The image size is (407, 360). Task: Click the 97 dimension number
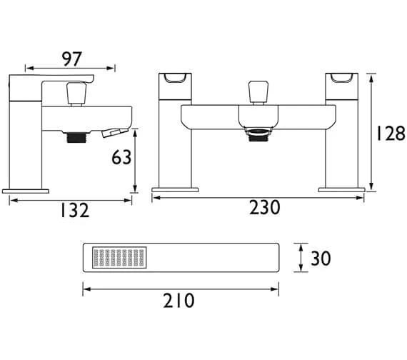pyautogui.click(x=72, y=59)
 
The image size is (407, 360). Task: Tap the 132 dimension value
pyautogui.click(x=75, y=211)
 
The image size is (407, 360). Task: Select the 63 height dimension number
pyautogui.click(x=121, y=157)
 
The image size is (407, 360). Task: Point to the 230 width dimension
pyautogui.click(x=265, y=207)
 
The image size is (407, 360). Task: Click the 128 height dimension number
pyautogui.click(x=391, y=134)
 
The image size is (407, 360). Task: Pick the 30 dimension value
pyautogui.click(x=321, y=259)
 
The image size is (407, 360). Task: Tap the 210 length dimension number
pyautogui.click(x=179, y=301)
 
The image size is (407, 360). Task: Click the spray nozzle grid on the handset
pyautogui.click(x=119, y=258)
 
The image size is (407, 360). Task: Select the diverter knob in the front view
pyautogui.click(x=258, y=92)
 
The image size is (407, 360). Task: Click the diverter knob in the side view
pyautogui.click(x=76, y=94)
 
